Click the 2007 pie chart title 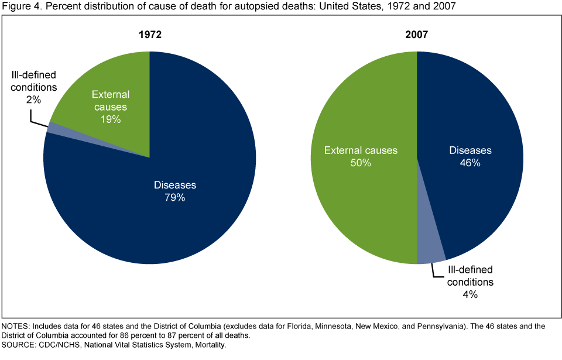tap(416, 35)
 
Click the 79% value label tap(175, 198)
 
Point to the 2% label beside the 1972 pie tap(33, 100)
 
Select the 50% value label tap(361, 163)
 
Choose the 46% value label tap(470, 163)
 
